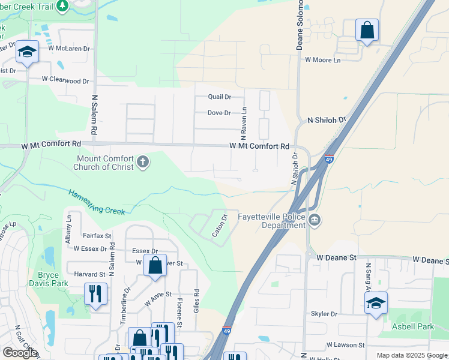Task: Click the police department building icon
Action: tap(315, 221)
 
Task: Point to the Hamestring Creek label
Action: tap(96, 202)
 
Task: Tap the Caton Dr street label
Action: tap(220, 226)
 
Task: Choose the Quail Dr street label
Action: tap(219, 97)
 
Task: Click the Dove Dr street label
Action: tap(219, 113)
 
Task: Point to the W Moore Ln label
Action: tap(322, 60)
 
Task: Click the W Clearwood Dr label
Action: tap(65, 80)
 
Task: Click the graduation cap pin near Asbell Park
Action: tap(376, 302)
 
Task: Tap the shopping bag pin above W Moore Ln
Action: tap(367, 30)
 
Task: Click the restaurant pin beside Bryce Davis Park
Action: tap(95, 294)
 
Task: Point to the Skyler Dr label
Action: tap(324, 314)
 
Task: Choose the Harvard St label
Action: tap(90, 274)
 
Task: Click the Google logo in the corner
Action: tap(20, 353)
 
